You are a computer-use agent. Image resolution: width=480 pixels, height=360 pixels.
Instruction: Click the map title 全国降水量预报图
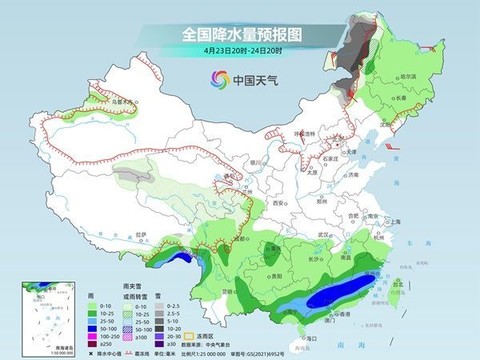240,34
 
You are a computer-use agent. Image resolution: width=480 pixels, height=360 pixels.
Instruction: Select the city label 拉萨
142,234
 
